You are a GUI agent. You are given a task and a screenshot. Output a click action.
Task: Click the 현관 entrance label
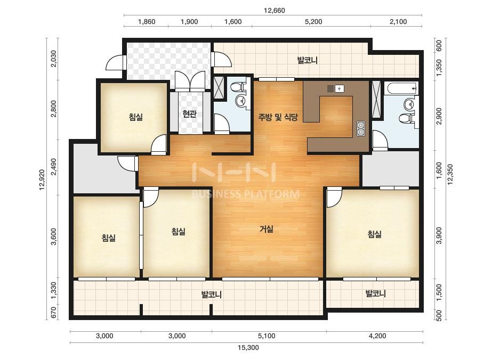189,113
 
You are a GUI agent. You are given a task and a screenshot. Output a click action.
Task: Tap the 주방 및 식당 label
278,117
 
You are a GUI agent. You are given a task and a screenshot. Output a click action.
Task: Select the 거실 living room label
267,229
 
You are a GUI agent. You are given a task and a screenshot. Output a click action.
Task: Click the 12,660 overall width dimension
274,11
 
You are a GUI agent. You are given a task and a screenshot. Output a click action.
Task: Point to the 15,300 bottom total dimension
248,347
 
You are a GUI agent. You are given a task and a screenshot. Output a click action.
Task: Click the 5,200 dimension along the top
313,22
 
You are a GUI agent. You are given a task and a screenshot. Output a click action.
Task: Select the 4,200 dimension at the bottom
377,336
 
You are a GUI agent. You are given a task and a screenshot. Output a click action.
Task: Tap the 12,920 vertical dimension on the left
42,179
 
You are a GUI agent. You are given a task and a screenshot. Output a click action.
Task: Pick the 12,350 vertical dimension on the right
450,174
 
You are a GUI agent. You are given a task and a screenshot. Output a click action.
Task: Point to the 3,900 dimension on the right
439,235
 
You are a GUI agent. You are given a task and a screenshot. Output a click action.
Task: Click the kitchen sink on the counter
340,88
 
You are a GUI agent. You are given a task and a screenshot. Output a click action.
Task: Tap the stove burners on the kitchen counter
360,129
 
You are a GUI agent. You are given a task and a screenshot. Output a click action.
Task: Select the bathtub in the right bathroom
403,88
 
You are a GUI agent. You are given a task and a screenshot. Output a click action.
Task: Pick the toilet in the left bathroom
241,86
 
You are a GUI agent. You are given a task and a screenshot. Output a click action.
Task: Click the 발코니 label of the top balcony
308,60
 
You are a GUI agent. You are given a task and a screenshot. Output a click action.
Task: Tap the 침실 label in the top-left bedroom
135,117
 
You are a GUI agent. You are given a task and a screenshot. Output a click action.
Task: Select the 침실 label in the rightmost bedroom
375,234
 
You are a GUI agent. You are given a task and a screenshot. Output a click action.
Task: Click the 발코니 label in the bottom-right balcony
376,294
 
